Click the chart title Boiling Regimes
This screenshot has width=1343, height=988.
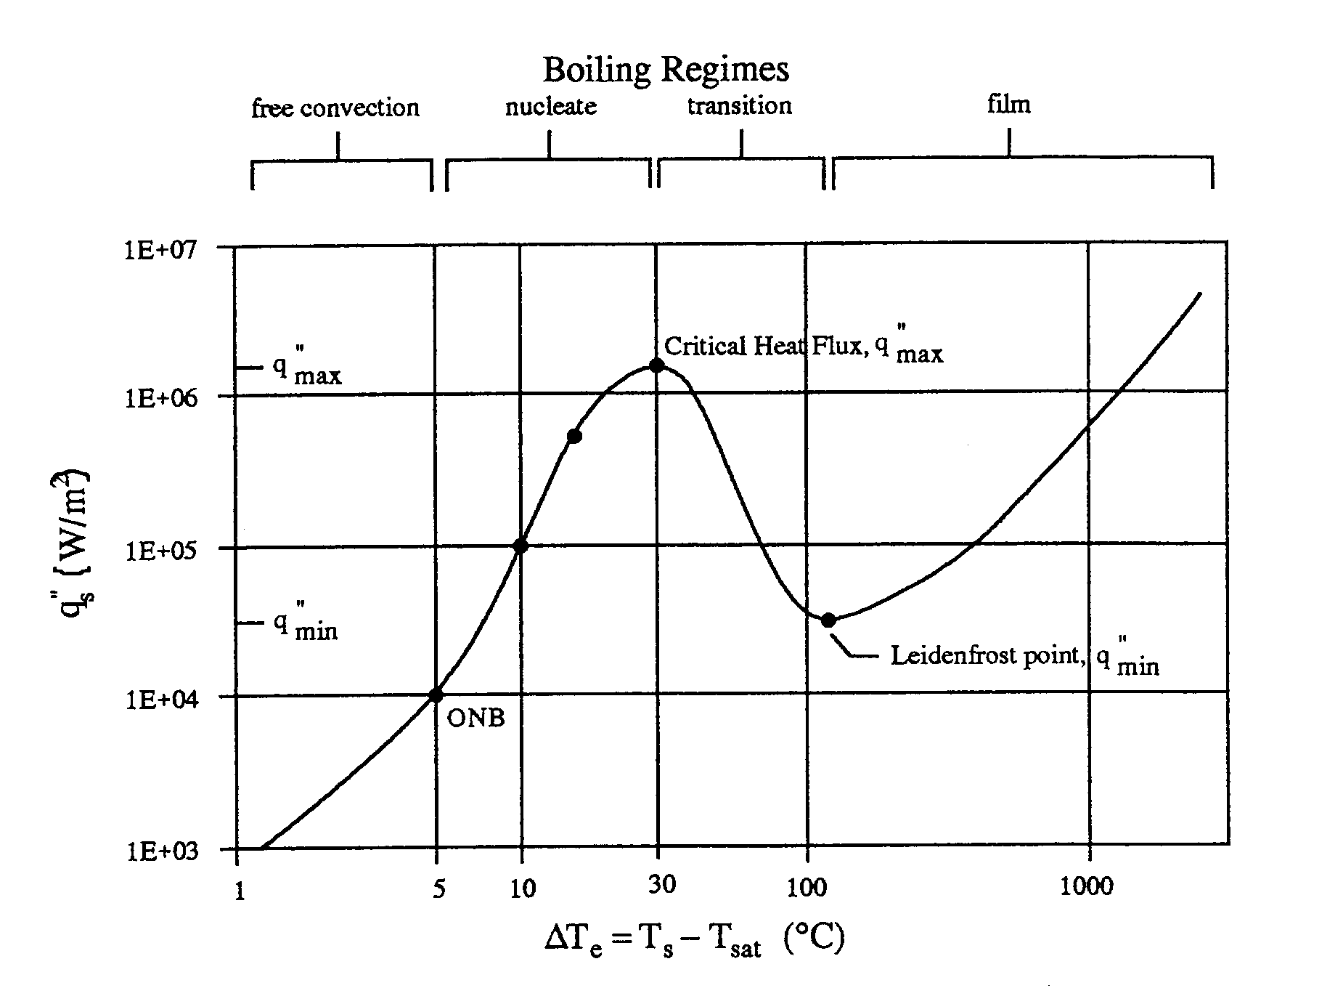(x=666, y=70)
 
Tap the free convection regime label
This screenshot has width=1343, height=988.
(x=335, y=108)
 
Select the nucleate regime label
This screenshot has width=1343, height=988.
(x=551, y=107)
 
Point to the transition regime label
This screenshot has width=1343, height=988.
(x=739, y=106)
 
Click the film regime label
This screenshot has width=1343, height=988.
(x=1008, y=105)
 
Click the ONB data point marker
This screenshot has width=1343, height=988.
(x=436, y=695)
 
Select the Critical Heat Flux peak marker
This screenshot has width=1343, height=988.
(x=656, y=365)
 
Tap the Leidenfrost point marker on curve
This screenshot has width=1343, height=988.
(x=828, y=620)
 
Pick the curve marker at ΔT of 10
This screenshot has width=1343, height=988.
(x=520, y=546)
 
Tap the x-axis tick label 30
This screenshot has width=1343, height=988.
(x=661, y=884)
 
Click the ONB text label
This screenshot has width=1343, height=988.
(x=475, y=718)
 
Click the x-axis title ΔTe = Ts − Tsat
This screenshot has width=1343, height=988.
(x=694, y=942)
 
